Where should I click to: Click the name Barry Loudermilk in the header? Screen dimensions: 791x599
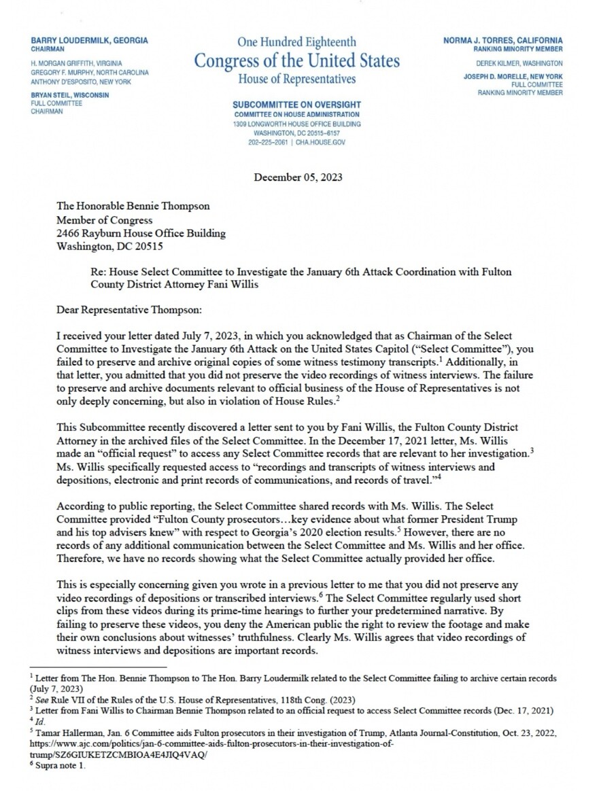pos(89,41)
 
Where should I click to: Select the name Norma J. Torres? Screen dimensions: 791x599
pos(502,41)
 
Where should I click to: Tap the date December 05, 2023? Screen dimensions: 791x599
pos(298,178)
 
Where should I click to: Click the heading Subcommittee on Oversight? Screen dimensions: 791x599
pos(296,105)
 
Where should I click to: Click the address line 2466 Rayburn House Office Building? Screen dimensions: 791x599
pos(141,233)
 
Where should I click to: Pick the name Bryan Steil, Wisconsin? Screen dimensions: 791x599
pos(69,95)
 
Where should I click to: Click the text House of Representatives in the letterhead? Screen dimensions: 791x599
pos(296,80)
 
